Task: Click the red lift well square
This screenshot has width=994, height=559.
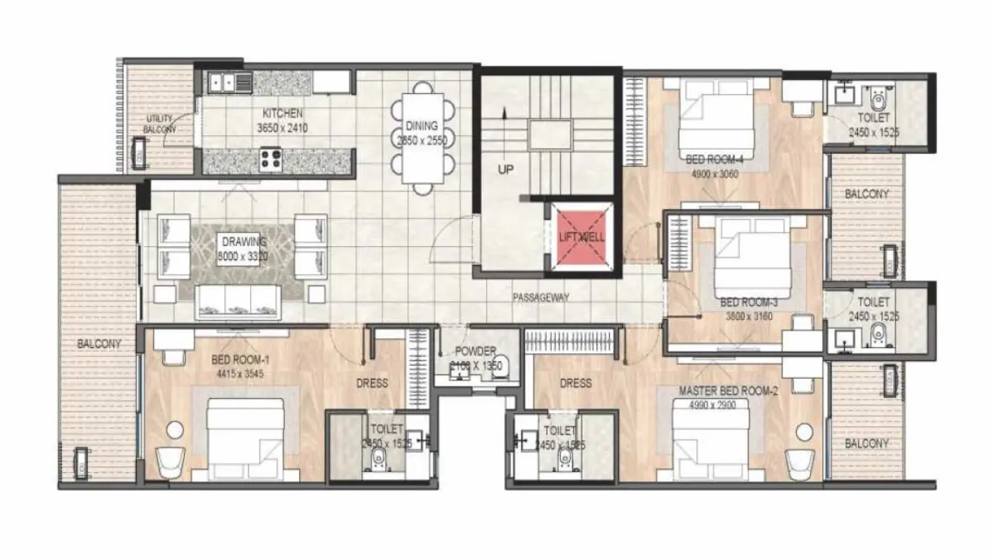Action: (x=582, y=238)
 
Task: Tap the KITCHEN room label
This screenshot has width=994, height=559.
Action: (x=282, y=114)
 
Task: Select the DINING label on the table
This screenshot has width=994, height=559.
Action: (x=422, y=126)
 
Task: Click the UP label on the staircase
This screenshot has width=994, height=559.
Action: (x=506, y=170)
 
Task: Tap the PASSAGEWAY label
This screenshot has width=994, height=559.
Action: (x=541, y=297)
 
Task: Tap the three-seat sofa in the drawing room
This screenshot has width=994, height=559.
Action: (x=238, y=301)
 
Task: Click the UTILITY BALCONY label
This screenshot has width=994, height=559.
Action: (x=162, y=124)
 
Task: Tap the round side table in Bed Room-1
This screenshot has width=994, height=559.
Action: (x=175, y=429)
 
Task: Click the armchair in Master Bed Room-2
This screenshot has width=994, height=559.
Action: (x=800, y=464)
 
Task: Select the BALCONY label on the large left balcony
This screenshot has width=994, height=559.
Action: (x=99, y=344)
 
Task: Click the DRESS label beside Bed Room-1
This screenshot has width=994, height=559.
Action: (x=372, y=383)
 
